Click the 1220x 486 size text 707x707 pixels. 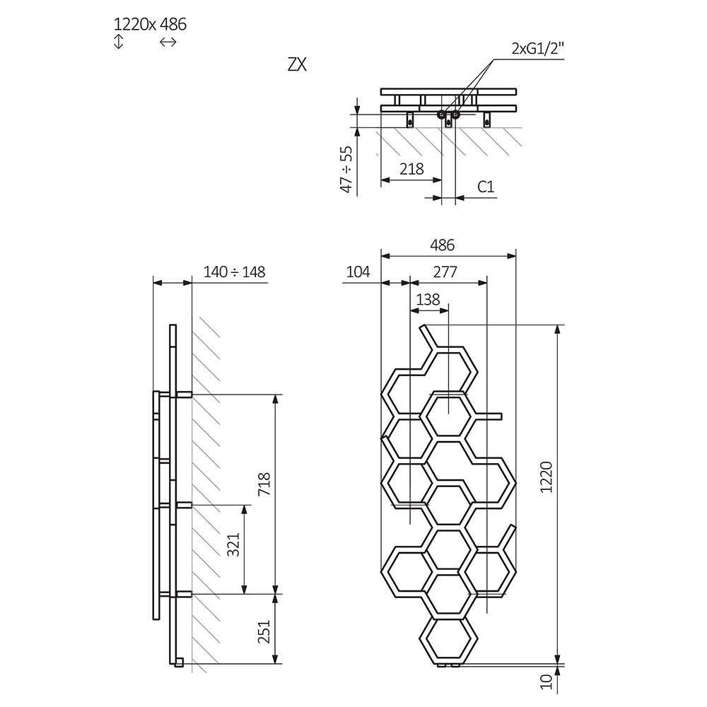pos(150,24)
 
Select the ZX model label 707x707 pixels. pos(297,64)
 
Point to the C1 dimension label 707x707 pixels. pos(485,187)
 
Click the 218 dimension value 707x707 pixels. pos(411,169)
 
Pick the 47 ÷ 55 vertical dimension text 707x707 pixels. pos(346,170)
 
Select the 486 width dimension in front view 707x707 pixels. pos(442,245)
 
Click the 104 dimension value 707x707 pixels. pos(358,272)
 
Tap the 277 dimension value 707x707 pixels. pos(445,272)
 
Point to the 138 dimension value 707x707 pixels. pos(428,299)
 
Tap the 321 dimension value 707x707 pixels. pos(234,544)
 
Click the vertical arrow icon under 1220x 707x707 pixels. pos(119,42)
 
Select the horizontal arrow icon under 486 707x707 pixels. pos(168,42)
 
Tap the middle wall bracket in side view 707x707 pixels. pos(182,505)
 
